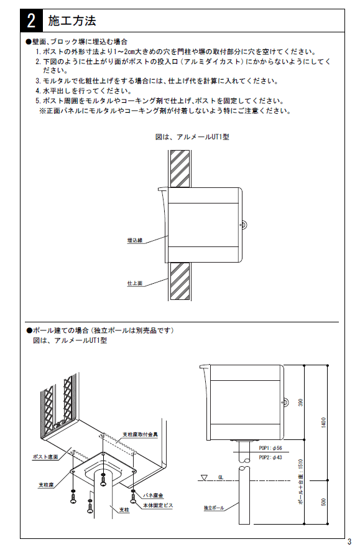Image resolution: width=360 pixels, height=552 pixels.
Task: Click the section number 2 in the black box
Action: coord(31,21)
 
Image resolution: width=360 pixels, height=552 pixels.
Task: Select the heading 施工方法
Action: coord(72,21)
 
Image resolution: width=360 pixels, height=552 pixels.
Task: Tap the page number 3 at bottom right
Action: coord(349,541)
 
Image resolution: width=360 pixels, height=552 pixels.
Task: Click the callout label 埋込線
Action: coord(135,240)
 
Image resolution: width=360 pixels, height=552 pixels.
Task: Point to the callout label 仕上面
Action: coord(135,283)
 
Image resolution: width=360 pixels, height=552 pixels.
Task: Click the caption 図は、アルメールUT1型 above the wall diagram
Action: coord(192,137)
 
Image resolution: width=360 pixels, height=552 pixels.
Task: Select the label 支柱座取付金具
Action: coord(141,434)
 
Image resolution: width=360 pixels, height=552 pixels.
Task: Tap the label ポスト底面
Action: coord(45,457)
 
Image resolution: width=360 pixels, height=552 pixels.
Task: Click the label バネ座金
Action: coord(154,495)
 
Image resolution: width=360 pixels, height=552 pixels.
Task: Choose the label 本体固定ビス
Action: coord(158,505)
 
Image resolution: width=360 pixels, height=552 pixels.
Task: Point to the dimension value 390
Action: coord(300,403)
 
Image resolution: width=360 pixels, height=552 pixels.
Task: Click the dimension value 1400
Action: coord(323,423)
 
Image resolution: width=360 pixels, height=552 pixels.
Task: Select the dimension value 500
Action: coord(323,502)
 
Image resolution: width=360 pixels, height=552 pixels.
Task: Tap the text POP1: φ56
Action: coord(270,448)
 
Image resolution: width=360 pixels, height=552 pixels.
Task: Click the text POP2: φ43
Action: coord(270,457)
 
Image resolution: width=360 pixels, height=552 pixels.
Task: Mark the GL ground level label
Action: coord(221,477)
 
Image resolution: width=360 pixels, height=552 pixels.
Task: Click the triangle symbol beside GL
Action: coord(203,478)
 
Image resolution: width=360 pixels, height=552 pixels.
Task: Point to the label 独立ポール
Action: coord(214,508)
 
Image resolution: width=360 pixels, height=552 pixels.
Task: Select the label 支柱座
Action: coord(46,485)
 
